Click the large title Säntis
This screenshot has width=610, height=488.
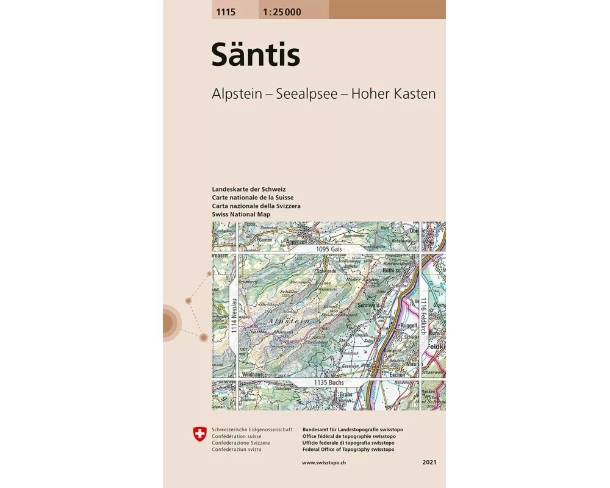coord(256,56)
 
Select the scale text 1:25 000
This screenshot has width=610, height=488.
coord(282,12)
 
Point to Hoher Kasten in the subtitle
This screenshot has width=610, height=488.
coord(397,94)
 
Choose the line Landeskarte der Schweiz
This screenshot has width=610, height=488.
coord(249,190)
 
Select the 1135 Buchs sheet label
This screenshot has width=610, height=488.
coord(329,382)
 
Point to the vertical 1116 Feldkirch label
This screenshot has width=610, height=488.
coord(423,315)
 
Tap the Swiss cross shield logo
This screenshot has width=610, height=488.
coord(199,434)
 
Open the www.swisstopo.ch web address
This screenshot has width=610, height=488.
coord(325,463)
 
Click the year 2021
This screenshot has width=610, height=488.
coord(429,463)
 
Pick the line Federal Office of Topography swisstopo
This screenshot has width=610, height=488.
coord(348,450)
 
